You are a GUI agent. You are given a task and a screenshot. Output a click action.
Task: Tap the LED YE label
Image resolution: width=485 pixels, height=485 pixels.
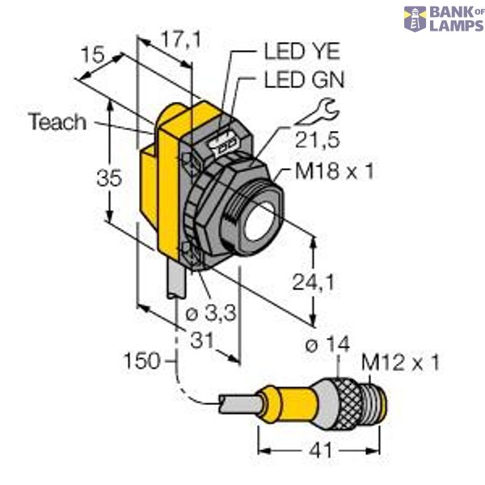coord(303,52)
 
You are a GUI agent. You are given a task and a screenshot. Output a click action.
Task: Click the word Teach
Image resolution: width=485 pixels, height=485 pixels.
coord(57,122)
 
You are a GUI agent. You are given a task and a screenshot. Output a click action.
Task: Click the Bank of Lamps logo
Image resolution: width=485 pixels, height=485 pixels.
coord(444,19)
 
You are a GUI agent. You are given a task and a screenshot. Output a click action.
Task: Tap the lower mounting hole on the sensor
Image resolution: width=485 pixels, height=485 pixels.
coord(192,255)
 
